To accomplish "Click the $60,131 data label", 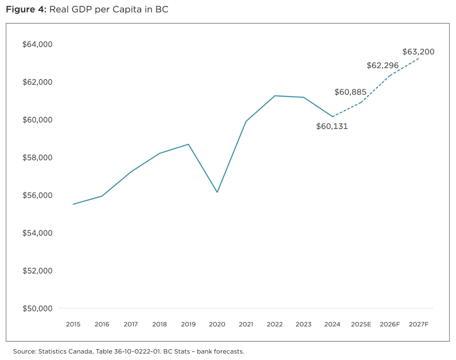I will [x=332, y=127].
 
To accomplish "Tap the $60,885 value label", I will [x=350, y=92].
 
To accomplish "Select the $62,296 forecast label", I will [x=383, y=66].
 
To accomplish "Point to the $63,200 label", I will [x=418, y=52].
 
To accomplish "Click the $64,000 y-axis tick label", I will [x=37, y=45].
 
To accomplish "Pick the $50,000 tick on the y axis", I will [x=37, y=308].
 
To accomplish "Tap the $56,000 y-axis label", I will [x=37, y=195].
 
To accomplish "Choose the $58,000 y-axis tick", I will [x=37, y=158].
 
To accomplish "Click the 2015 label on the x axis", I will [x=73, y=324].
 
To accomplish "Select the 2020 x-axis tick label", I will [x=217, y=324].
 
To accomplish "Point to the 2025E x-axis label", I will [x=361, y=324].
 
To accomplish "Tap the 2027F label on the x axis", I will [x=419, y=324].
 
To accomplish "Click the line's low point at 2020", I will [x=217, y=192].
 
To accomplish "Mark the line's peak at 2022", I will [x=275, y=96].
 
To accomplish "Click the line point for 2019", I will [x=188, y=144].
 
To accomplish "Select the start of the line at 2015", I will [x=73, y=204].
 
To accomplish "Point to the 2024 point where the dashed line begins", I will [x=332, y=117].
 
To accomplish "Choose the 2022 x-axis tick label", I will [x=275, y=324].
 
